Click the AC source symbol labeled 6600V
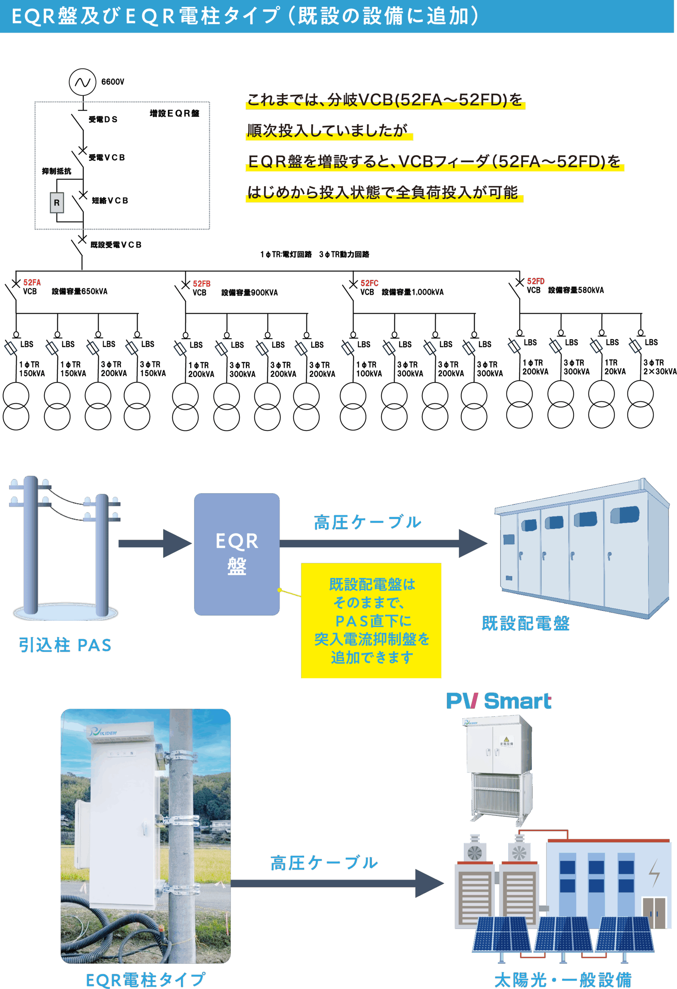[x=83, y=82]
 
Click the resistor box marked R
[x=57, y=203]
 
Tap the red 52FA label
[x=32, y=282]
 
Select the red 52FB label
[x=201, y=284]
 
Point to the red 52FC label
[x=369, y=283]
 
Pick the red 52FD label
[x=535, y=281]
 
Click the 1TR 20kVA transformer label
[x=615, y=367]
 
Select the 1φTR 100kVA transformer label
[x=368, y=369]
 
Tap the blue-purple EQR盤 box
[x=237, y=554]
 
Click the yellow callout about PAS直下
[x=371, y=620]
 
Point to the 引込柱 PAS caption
[x=64, y=645]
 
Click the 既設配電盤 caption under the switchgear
[x=526, y=624]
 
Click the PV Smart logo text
[x=498, y=701]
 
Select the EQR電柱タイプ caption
[x=146, y=980]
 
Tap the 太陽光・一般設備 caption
[x=563, y=980]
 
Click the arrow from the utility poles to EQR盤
[x=155, y=544]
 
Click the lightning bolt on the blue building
[x=654, y=872]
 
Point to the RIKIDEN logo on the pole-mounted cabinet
[x=104, y=732]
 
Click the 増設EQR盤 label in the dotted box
[x=175, y=114]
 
